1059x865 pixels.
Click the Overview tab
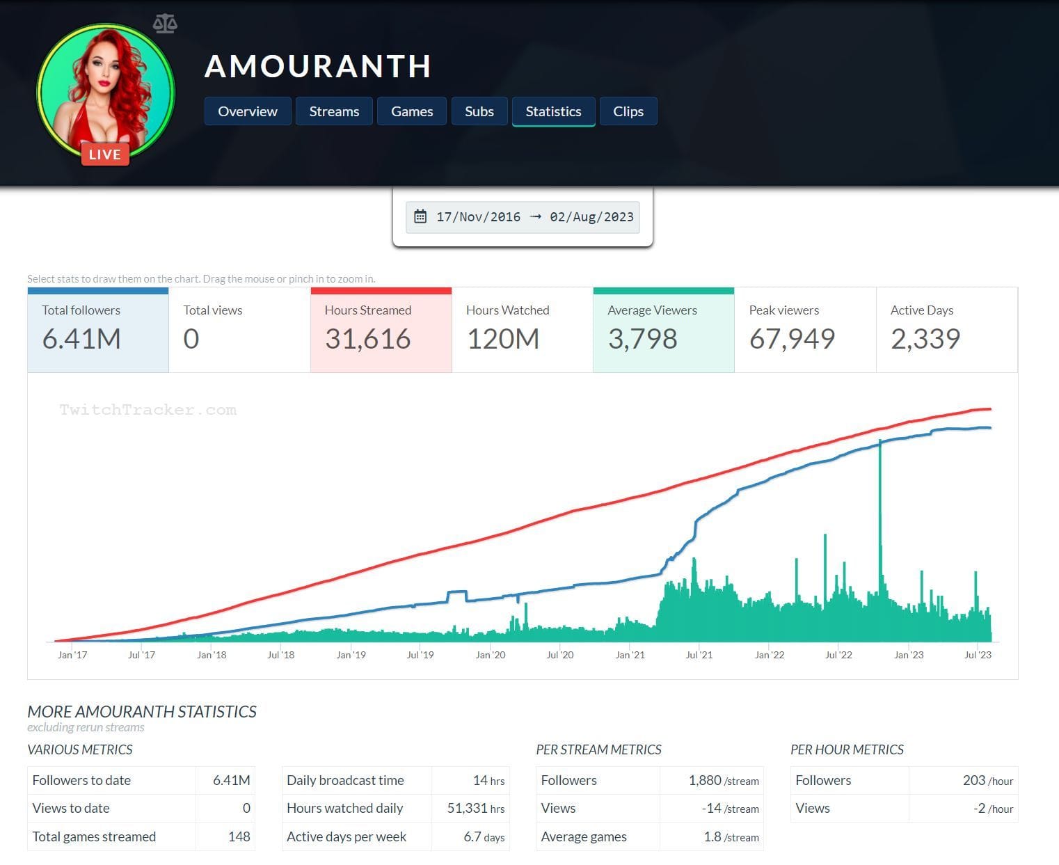coord(247,111)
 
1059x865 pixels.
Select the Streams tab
coord(334,111)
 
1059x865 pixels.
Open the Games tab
coord(412,111)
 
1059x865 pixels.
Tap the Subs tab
coord(479,111)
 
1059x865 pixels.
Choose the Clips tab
coord(628,111)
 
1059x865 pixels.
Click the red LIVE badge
coord(105,154)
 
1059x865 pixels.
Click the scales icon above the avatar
coord(165,24)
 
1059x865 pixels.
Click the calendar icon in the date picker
coord(420,216)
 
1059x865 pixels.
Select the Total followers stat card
coord(98,330)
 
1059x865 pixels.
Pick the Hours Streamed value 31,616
coord(367,339)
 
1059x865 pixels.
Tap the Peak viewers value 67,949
coord(792,339)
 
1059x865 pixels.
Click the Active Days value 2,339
coord(925,339)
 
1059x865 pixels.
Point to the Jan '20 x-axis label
coord(490,655)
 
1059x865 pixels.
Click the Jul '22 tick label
coord(838,655)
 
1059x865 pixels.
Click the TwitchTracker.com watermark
coord(148,410)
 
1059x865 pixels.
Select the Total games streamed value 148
coord(239,836)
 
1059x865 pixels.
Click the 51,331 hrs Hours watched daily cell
coord(476,809)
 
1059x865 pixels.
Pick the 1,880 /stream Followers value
coord(723,781)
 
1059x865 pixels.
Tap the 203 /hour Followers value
coord(987,781)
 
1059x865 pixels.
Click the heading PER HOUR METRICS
coord(847,749)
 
